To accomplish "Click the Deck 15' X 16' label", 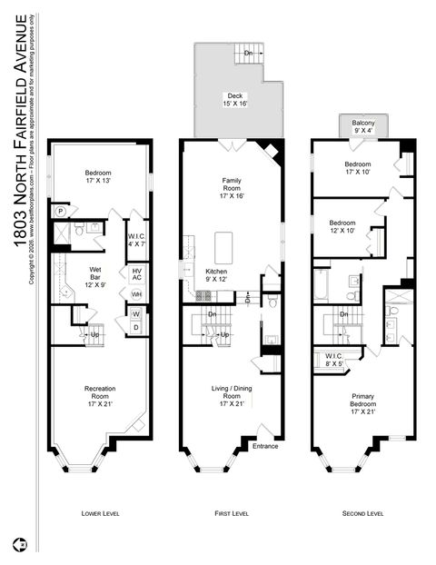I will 235,99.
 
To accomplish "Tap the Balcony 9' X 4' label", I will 363,125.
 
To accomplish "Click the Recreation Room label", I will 100,397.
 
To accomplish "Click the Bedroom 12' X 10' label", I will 342,226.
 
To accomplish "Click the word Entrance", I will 265,446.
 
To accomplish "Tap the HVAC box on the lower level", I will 136,274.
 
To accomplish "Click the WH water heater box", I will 136,294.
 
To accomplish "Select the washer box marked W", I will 136,314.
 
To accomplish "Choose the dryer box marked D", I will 136,329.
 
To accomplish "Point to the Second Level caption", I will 362,513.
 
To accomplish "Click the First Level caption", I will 231,513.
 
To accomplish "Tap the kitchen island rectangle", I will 224,246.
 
